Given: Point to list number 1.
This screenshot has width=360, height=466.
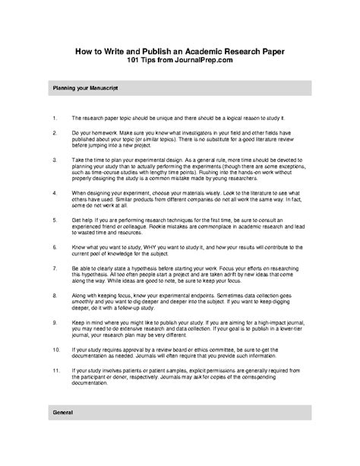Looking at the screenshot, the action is [x=55, y=119].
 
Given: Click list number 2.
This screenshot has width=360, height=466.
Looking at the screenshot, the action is [x=55, y=132].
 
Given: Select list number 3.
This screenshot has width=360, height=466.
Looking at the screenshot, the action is [x=55, y=161].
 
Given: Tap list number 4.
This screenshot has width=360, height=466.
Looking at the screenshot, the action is [x=55, y=193].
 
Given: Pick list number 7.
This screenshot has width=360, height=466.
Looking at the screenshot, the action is [x=55, y=268].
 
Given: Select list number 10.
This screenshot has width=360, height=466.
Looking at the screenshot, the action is [x=55, y=350].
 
